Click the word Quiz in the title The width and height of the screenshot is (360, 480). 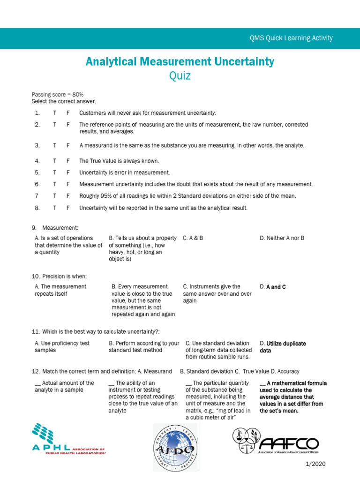(x=180, y=76)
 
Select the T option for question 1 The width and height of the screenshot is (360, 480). (x=54, y=113)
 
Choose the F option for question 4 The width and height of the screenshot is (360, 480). (x=68, y=161)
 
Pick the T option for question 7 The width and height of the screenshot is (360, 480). (x=54, y=196)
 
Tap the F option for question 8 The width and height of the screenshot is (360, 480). (x=68, y=208)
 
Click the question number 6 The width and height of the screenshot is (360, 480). (x=37, y=184)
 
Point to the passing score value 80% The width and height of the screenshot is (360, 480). (x=77, y=94)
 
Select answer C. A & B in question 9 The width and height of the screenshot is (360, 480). (x=193, y=238)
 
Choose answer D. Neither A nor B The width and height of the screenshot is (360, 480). (x=282, y=238)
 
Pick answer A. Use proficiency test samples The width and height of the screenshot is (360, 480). (x=62, y=346)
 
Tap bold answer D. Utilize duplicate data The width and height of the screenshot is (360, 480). (x=283, y=346)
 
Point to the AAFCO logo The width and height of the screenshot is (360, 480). (x=277, y=441)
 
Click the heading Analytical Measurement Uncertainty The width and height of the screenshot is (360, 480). (x=180, y=61)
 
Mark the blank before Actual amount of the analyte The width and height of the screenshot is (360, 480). (x=37, y=383)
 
